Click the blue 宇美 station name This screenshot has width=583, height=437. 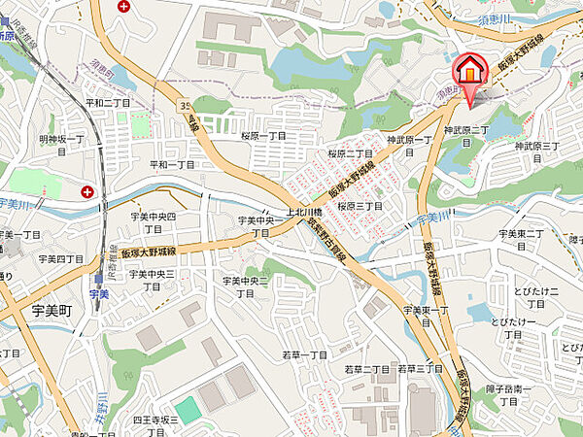point(98,293)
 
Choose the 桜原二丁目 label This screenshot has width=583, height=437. point(350,153)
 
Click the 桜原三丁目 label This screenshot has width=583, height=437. point(360,207)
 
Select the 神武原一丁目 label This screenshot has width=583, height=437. point(407,141)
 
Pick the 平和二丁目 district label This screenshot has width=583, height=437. point(107,101)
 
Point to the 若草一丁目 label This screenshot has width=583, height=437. point(304,355)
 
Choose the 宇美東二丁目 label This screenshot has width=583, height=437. point(525,234)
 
